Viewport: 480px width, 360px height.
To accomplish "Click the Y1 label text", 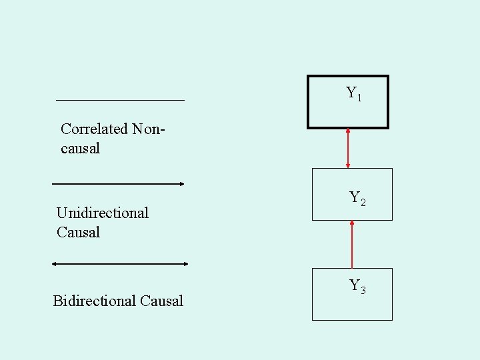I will pos(354,94).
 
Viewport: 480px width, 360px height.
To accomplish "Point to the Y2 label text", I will pos(357,198).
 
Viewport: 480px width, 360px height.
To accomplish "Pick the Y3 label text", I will pos(357,286).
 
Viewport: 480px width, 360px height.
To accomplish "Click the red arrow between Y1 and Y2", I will pos(348,148).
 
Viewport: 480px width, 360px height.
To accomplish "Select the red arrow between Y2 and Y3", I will pos(352,244).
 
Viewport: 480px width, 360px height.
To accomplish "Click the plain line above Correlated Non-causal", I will pos(120,100).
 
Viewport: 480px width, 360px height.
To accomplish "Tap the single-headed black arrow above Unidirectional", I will pos(117,183).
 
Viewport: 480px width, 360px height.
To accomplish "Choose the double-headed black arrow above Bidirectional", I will pos(120,264).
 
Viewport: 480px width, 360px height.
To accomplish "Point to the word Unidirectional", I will pos(103,213).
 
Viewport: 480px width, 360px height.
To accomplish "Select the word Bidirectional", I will pos(94,301).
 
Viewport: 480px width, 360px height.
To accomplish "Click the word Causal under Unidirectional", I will pos(78,232).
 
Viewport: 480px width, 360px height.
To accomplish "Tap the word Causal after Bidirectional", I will pos(162,301).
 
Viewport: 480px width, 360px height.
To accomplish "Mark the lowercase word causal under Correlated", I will pos(80,148).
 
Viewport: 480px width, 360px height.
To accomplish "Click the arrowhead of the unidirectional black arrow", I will pos(181,183).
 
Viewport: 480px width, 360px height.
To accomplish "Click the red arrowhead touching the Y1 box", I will pos(348,131).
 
